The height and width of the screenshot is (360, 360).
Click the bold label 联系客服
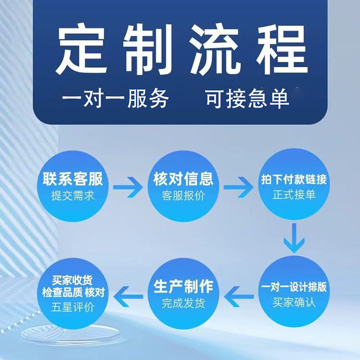(x=72, y=180)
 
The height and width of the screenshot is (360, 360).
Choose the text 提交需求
(x=72, y=196)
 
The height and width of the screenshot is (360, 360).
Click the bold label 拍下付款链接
(x=294, y=180)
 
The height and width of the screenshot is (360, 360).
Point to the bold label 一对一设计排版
(x=294, y=287)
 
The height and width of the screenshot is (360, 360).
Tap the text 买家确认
(x=294, y=303)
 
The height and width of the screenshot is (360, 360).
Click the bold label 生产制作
(x=183, y=287)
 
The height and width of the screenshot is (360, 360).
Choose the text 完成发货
(x=183, y=303)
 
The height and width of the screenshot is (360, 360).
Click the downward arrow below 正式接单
(x=294, y=239)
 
